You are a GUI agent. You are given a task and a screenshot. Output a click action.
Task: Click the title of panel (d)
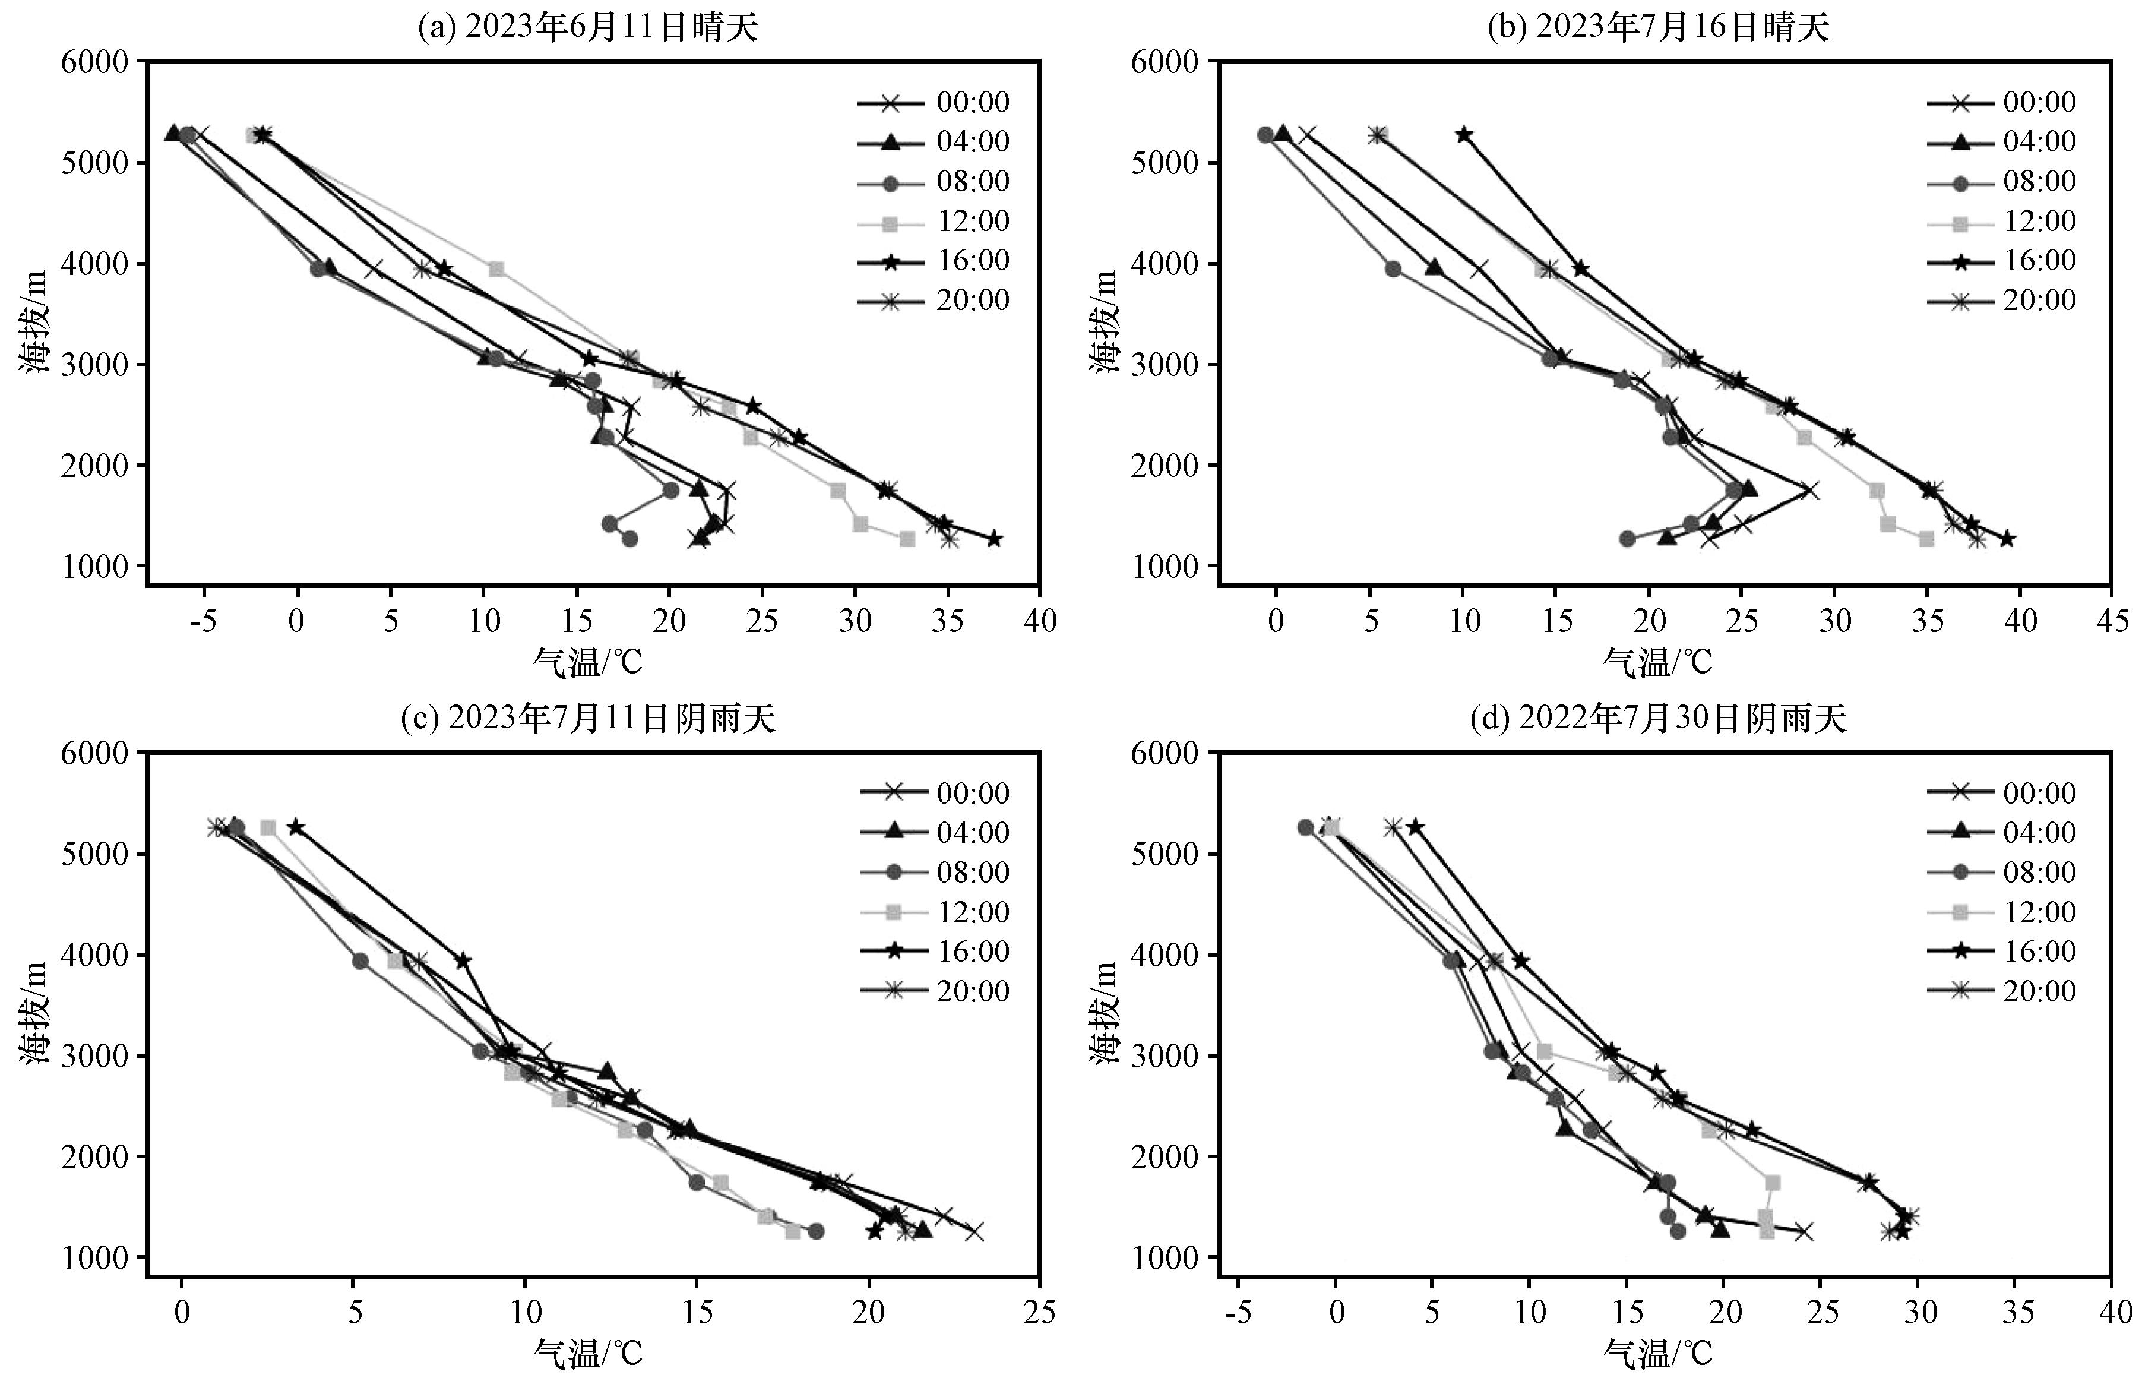coord(1658,719)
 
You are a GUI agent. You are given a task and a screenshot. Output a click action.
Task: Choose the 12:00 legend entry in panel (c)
coord(934,912)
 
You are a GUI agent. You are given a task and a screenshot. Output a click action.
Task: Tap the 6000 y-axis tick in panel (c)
coord(96,753)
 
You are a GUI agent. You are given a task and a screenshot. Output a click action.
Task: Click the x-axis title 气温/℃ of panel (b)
coord(1657,663)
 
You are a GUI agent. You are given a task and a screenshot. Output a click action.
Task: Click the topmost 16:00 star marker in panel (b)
coord(1463,135)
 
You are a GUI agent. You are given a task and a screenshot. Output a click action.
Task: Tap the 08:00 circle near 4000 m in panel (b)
coord(1393,268)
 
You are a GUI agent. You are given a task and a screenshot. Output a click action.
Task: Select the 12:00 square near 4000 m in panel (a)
coord(496,268)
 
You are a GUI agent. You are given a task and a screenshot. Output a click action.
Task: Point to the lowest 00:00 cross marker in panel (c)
coord(974,1232)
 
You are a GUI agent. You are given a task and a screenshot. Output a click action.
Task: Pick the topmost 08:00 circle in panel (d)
coord(1305,828)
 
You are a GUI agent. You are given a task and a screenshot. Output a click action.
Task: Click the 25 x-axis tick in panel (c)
coord(1039,1312)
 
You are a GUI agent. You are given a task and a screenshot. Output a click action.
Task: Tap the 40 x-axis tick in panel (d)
coord(2111,1312)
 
